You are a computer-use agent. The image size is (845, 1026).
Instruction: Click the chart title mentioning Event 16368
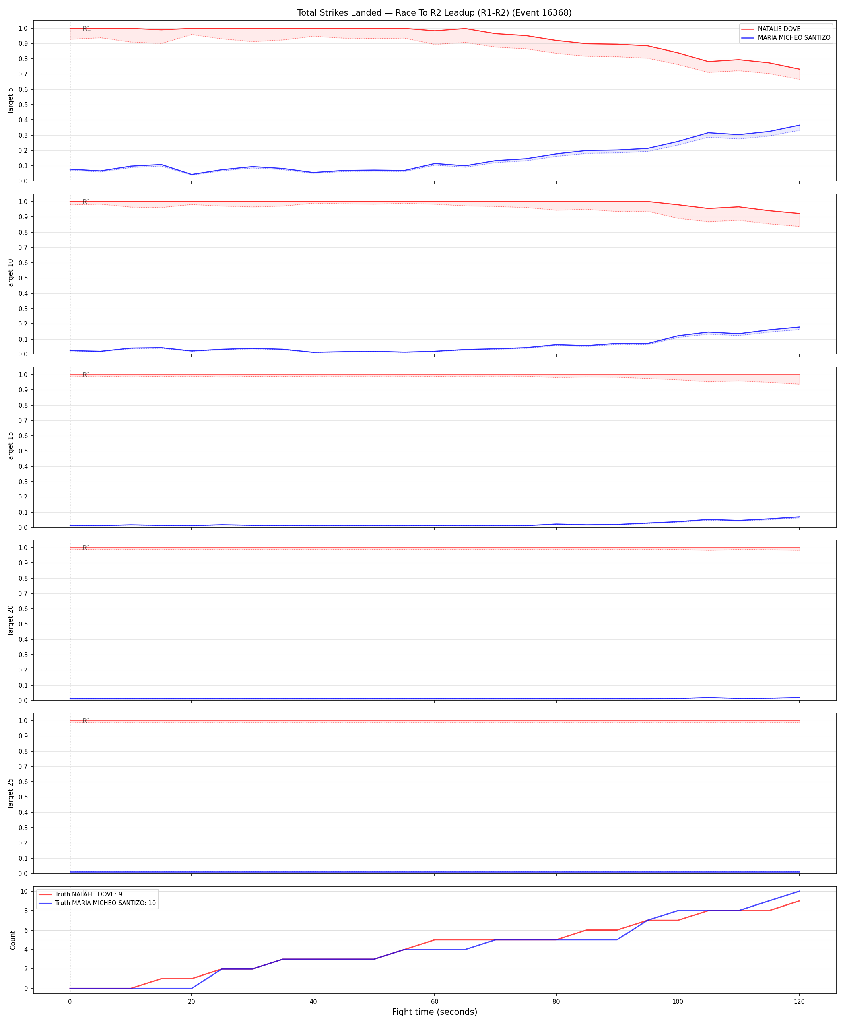[x=434, y=12]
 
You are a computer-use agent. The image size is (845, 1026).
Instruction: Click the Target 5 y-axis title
[x=11, y=101]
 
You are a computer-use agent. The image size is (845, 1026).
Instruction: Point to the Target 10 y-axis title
[x=11, y=274]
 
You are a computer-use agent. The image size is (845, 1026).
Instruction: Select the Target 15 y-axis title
[x=11, y=447]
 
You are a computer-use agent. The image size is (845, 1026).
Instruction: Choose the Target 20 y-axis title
[x=11, y=620]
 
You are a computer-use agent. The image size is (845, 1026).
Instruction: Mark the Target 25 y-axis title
[x=11, y=793]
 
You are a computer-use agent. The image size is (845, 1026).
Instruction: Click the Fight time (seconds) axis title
[x=435, y=1012]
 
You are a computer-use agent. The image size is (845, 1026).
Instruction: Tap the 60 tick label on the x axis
[x=435, y=1002]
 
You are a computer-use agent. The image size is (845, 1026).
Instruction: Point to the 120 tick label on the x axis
[x=799, y=1002]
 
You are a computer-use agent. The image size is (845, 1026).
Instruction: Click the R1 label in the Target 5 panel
[x=87, y=29]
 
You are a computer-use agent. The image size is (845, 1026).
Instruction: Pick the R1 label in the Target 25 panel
[x=87, y=721]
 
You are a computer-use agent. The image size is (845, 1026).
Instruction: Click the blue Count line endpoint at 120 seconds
[x=799, y=891]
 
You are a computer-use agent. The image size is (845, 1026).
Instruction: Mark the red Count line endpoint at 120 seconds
[x=799, y=901]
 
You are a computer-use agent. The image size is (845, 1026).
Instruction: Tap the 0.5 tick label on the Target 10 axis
[x=23, y=278]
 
